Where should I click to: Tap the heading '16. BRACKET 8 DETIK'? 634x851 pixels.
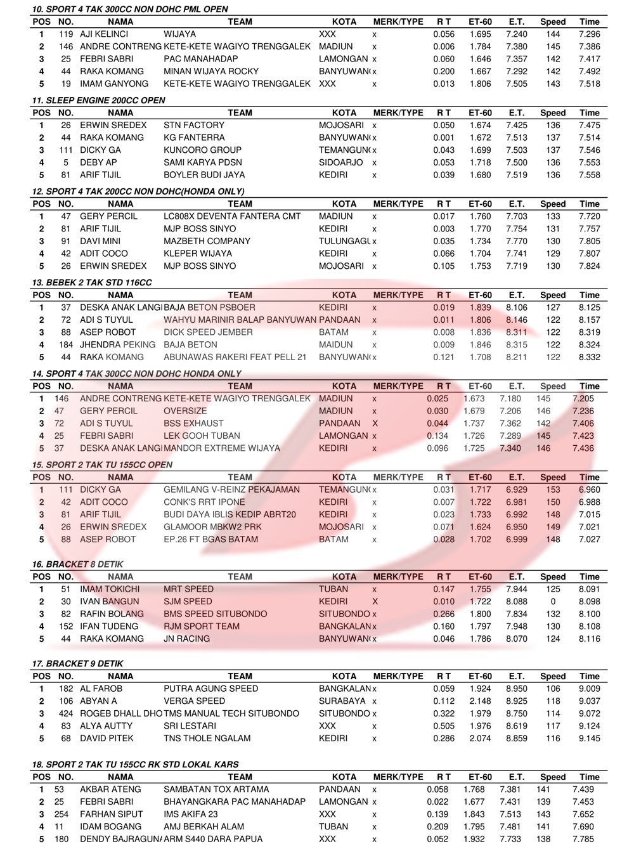coord(77,564)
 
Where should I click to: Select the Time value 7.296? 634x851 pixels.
coord(589,34)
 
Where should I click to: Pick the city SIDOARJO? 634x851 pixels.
coord(340,162)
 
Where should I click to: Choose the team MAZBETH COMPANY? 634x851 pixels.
coord(207,241)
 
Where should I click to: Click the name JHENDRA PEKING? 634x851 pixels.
coord(117,345)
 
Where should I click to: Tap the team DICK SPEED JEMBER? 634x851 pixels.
coord(208,332)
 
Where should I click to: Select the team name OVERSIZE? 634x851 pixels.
coord(185,411)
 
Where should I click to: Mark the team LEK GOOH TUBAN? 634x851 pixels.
coord(202,436)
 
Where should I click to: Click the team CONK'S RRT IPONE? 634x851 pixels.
coord(204,502)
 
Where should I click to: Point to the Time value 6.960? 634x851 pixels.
coord(589,490)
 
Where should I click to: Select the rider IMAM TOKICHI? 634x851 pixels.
coord(110,589)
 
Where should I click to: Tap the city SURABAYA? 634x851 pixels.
coord(342,701)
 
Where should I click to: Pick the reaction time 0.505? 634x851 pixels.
coord(444,726)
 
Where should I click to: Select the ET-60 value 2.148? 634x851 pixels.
coord(480,701)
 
